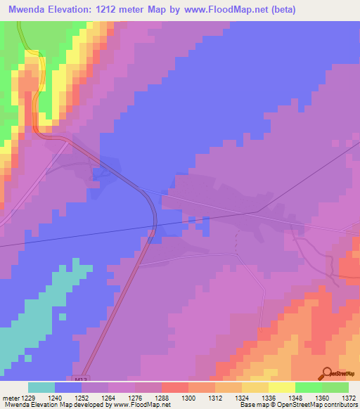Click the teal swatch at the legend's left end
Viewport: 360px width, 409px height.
tap(41, 387)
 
